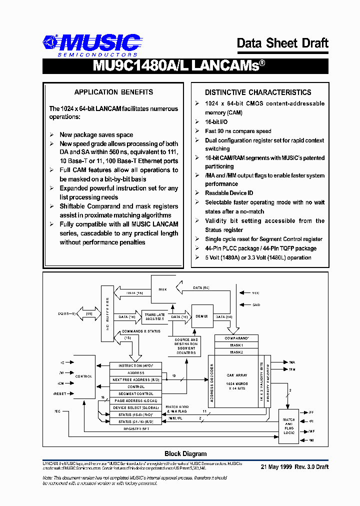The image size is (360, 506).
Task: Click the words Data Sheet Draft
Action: pos(282,43)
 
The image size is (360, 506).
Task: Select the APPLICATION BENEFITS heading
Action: pos(113,92)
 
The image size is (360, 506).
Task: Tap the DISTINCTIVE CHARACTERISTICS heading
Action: pos(258,92)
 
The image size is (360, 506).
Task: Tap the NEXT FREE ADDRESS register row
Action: pos(135,380)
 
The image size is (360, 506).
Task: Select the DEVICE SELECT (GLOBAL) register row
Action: pos(135,408)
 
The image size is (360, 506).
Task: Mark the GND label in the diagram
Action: pos(256,304)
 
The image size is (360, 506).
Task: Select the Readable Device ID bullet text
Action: pos(229,193)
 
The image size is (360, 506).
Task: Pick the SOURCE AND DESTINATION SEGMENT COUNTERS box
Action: pos(186,346)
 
